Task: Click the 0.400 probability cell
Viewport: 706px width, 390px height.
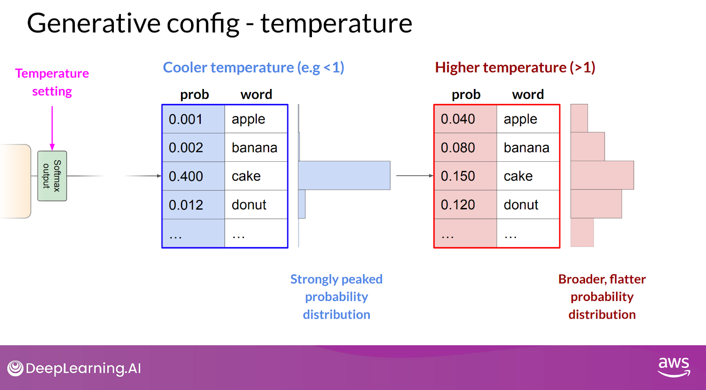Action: (x=193, y=176)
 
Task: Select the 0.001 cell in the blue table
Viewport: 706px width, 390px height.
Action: (x=193, y=119)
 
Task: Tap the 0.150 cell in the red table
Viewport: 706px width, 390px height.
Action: (x=465, y=176)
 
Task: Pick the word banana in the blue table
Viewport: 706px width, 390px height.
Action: (x=254, y=148)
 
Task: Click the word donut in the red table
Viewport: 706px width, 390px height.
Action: (x=521, y=205)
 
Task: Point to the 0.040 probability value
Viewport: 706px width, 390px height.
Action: (x=458, y=119)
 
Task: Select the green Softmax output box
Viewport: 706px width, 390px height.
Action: (x=52, y=176)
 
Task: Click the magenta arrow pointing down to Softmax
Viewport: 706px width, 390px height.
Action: (x=53, y=128)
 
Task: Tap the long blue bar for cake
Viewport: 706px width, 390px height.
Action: (x=344, y=175)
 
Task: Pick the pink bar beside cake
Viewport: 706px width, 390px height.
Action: (x=602, y=175)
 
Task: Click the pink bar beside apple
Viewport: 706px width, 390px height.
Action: (x=579, y=119)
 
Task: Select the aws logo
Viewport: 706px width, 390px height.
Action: (x=674, y=367)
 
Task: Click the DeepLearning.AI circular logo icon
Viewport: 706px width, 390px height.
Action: (x=15, y=368)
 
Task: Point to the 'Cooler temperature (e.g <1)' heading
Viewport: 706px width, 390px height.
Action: (x=253, y=68)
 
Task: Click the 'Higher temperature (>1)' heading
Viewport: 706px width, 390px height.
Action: (x=515, y=68)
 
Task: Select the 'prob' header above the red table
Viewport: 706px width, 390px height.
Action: (x=466, y=94)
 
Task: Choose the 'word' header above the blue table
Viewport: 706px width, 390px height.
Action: (x=256, y=94)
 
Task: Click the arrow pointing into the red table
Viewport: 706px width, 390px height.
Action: (x=415, y=176)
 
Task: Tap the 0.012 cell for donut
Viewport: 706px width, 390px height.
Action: (x=193, y=204)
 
